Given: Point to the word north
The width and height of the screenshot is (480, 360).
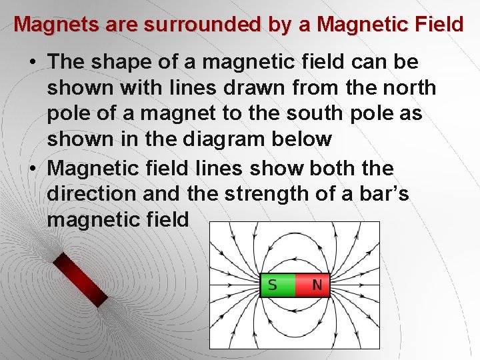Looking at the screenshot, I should tap(405, 88).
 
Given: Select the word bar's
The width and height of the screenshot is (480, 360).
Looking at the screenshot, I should tap(384, 193).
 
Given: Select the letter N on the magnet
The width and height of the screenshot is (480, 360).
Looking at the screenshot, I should tap(317, 285).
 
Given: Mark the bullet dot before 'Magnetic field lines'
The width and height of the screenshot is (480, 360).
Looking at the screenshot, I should tap(33, 168).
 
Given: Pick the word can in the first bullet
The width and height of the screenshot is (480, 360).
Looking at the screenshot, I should tap(363, 62).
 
